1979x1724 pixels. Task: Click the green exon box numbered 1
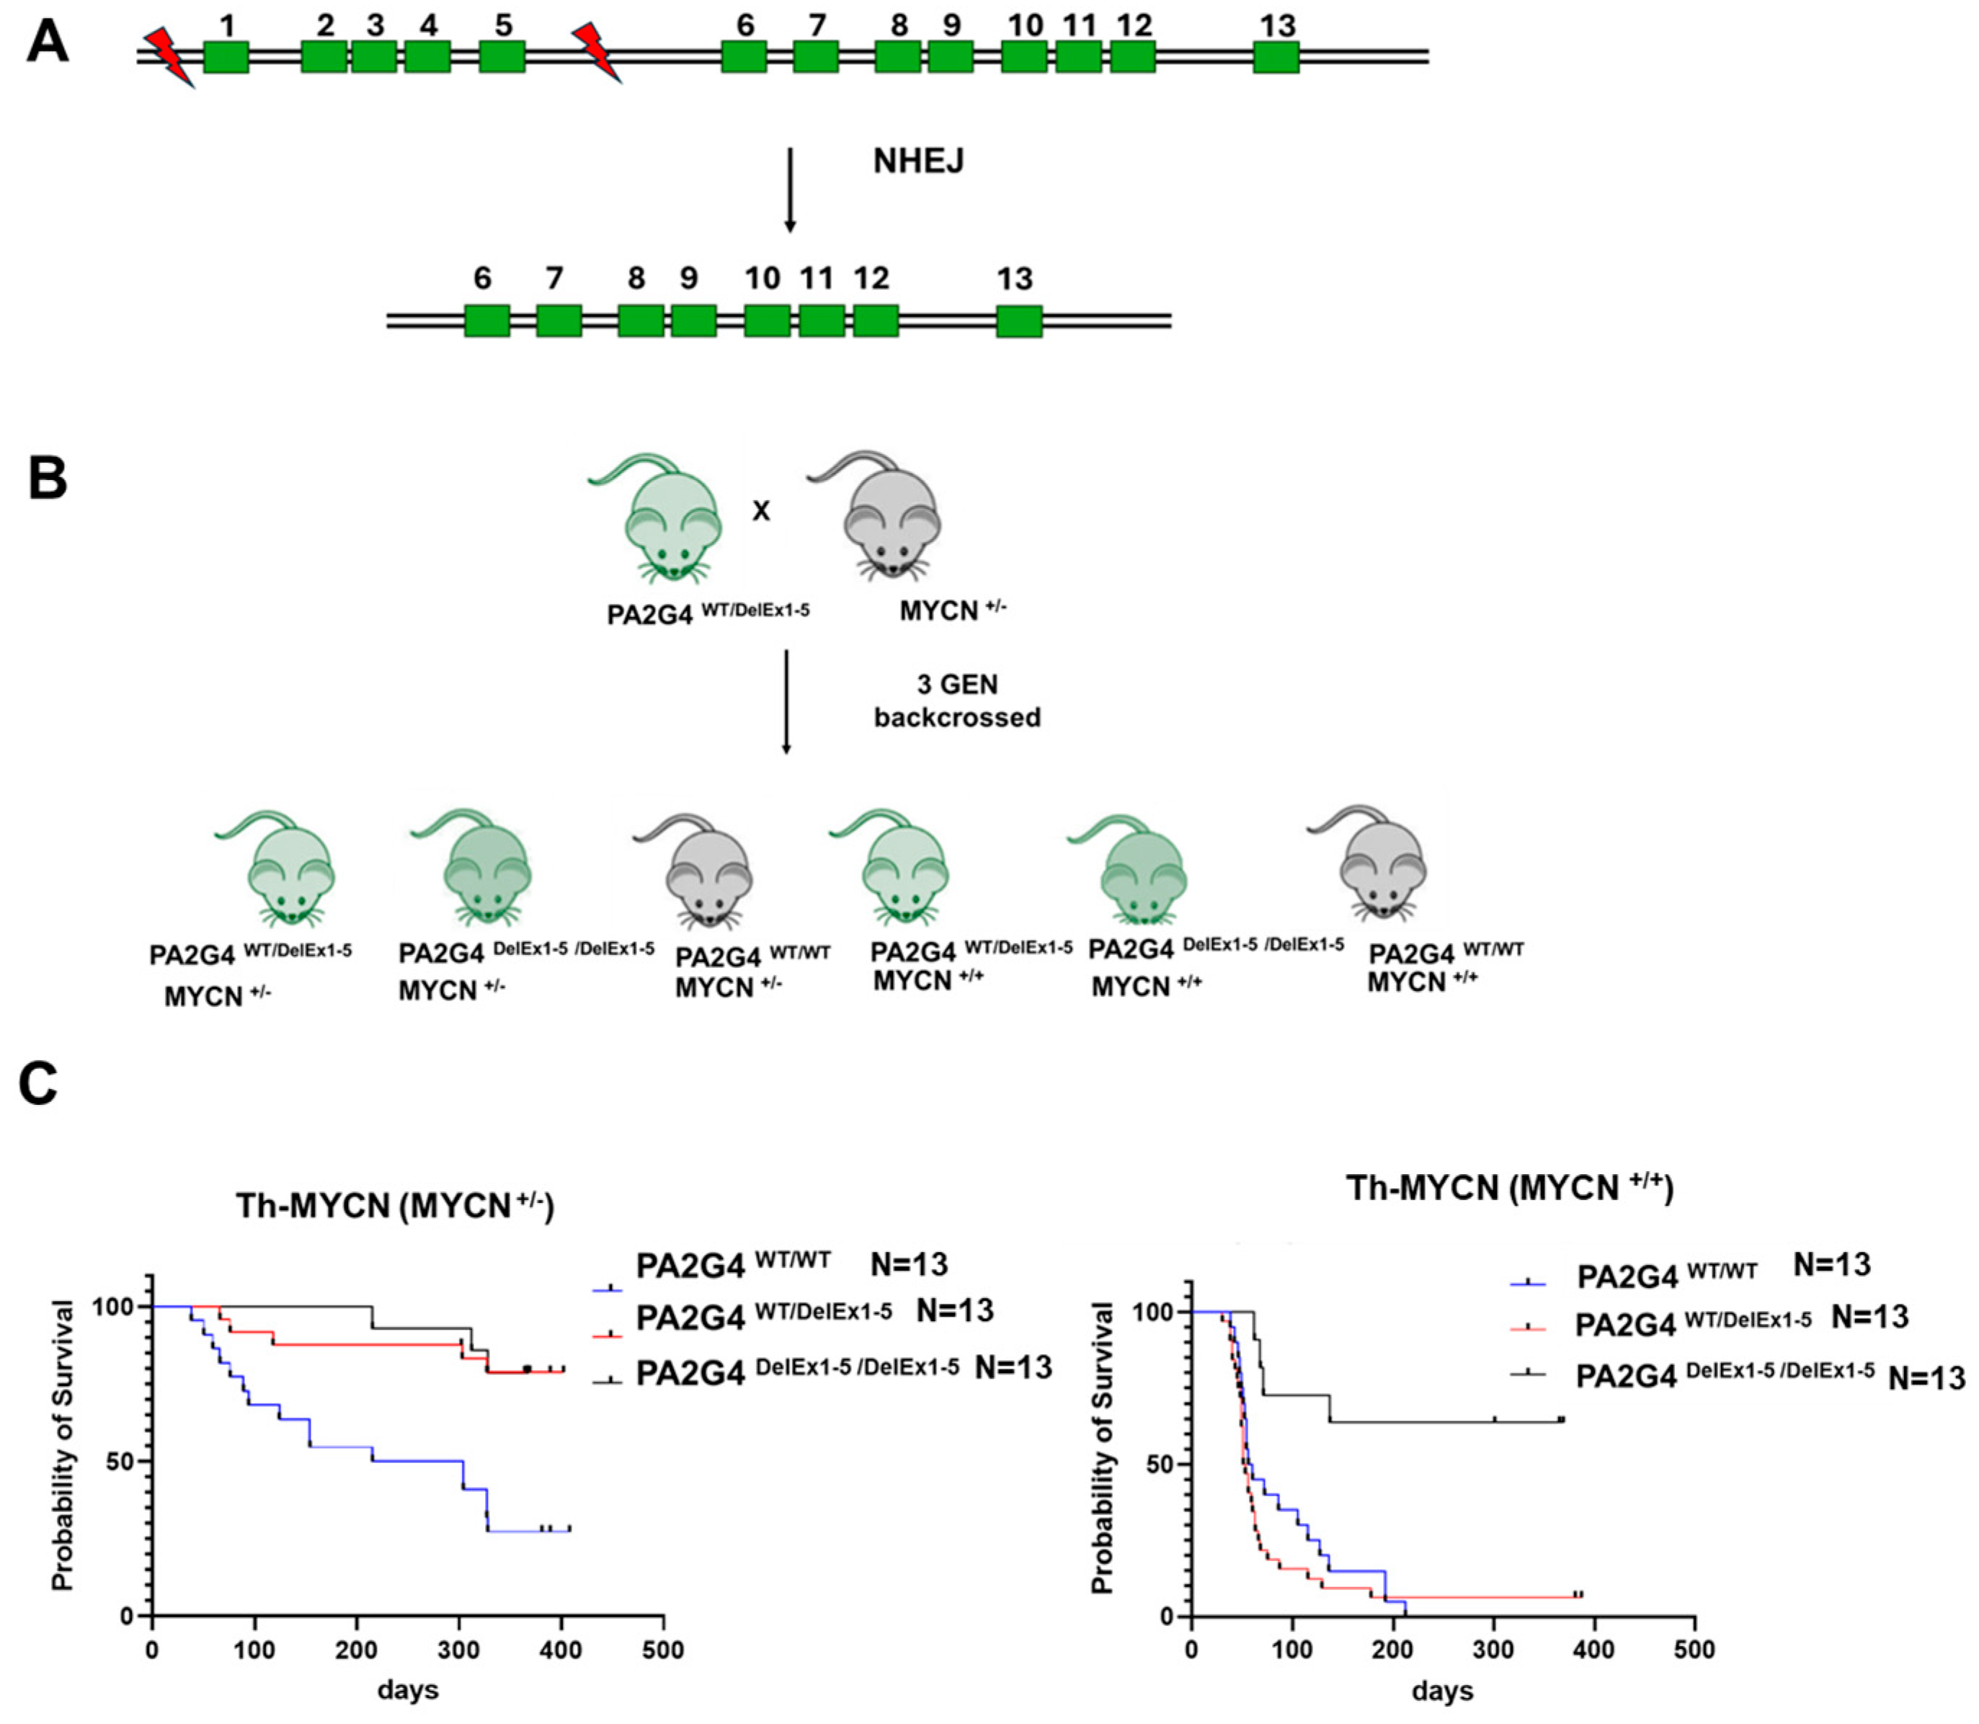pyautogui.click(x=226, y=57)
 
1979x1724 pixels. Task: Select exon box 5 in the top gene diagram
pyautogui.click(x=502, y=57)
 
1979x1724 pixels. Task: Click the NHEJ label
pyautogui.click(x=918, y=161)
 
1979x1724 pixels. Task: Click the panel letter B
pyautogui.click(x=47, y=478)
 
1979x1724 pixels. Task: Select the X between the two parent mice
pyautogui.click(x=761, y=511)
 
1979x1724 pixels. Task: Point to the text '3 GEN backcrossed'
pyautogui.click(x=956, y=701)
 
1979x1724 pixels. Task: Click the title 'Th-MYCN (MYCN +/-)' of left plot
pyautogui.click(x=394, y=1207)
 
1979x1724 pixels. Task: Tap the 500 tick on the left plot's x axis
pyautogui.click(x=663, y=1651)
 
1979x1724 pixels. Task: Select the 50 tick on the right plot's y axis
pyautogui.click(x=1162, y=1465)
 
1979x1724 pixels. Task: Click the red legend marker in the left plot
pyautogui.click(x=609, y=1336)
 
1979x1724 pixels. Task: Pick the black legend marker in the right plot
pyautogui.click(x=1527, y=1374)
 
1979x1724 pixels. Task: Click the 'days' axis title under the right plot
pyautogui.click(x=1441, y=1690)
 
